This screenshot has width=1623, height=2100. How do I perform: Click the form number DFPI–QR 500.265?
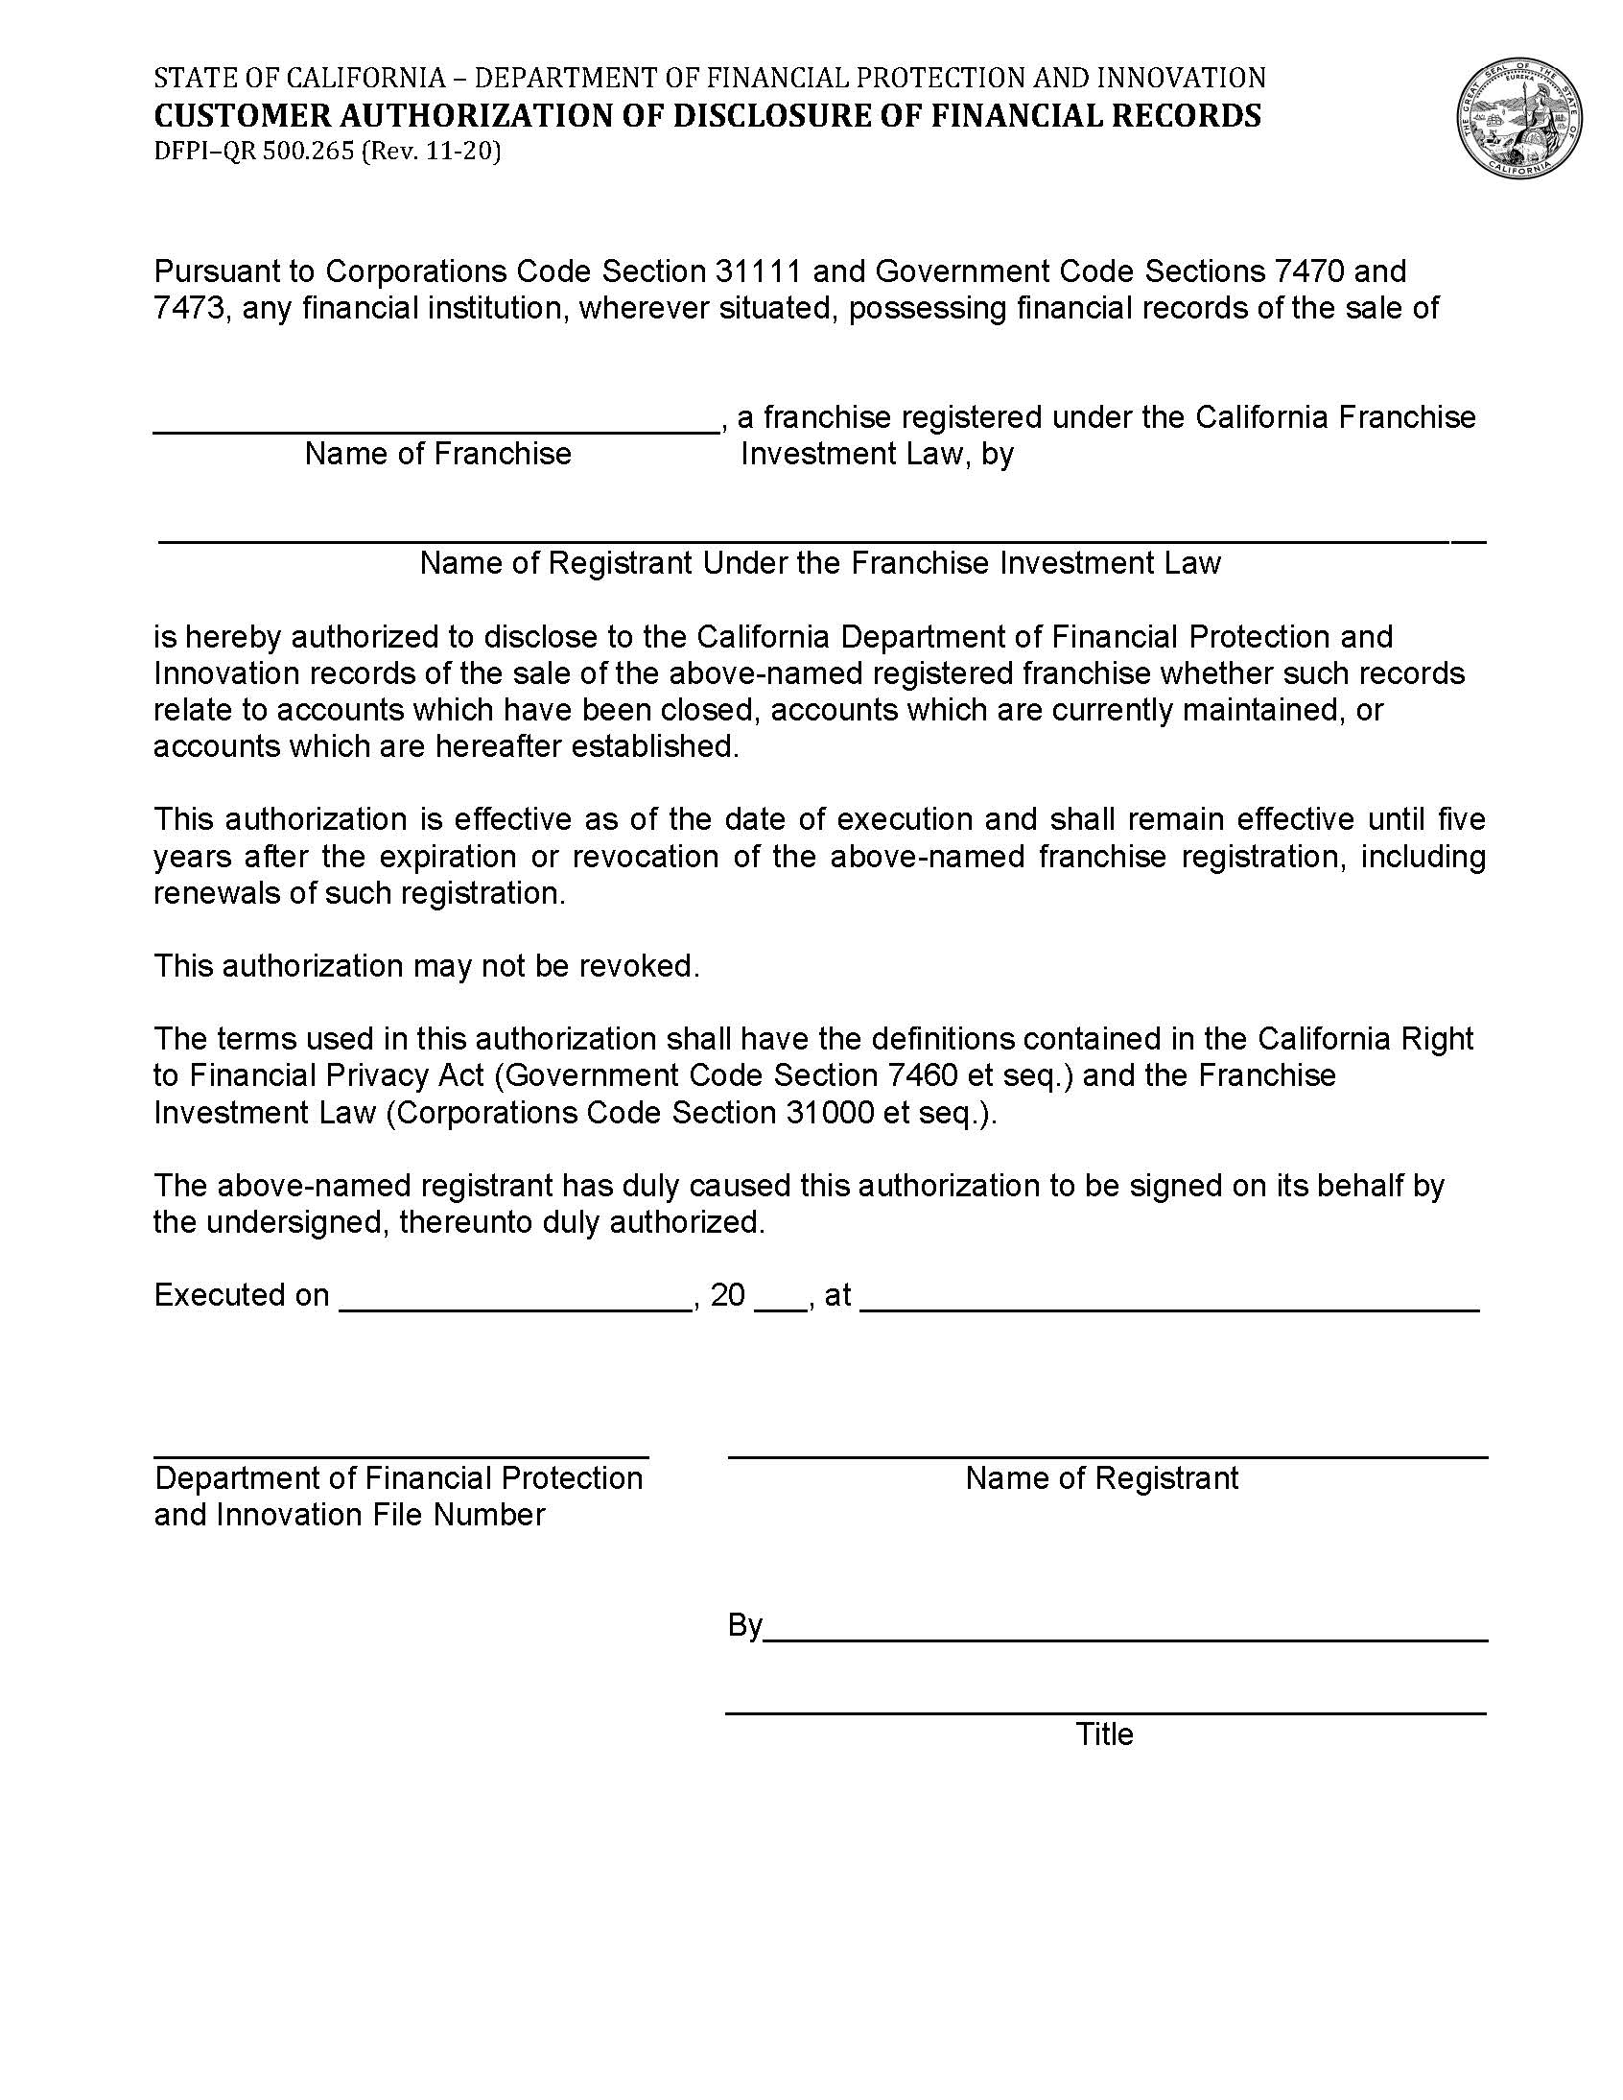pos(254,152)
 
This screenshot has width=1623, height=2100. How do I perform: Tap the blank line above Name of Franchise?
pos(436,431)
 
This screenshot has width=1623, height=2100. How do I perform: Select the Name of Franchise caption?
pos(437,454)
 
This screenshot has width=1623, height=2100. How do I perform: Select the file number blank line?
pos(401,1455)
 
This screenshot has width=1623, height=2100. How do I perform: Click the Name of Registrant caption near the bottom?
pos(1102,1478)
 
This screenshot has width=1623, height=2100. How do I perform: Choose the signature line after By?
pos(1125,1638)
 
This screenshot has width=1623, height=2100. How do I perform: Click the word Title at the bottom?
pos(1105,1734)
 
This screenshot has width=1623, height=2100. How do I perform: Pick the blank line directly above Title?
pos(1106,1711)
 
